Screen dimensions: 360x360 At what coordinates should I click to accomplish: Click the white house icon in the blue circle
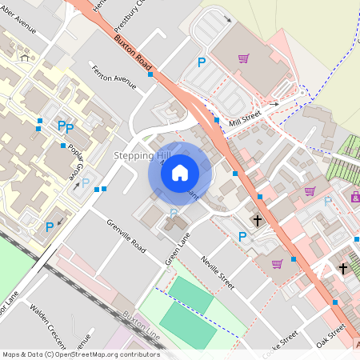click(180, 172)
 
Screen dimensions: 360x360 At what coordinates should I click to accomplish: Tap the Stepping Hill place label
click(142, 154)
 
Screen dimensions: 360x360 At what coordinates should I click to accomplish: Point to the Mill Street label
click(245, 117)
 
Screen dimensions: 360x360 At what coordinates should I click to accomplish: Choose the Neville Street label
click(217, 272)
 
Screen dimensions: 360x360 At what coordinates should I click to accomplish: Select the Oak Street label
click(330, 336)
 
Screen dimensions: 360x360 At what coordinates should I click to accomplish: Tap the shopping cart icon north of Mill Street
click(243, 58)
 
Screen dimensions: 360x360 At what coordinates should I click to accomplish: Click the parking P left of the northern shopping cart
click(202, 62)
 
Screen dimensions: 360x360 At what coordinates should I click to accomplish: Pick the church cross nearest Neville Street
click(258, 219)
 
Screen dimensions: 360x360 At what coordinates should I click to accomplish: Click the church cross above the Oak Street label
click(343, 269)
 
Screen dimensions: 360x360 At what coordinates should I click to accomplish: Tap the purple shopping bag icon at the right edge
click(355, 195)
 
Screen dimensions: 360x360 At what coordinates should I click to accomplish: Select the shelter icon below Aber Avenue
click(24, 57)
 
